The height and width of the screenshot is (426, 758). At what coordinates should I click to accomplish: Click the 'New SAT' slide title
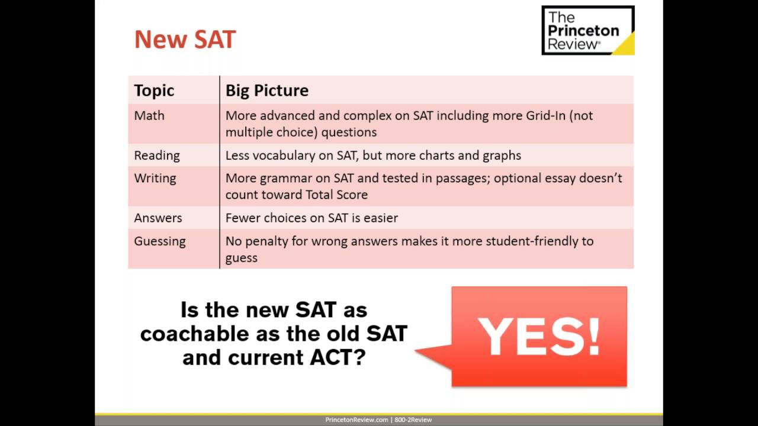tap(185, 40)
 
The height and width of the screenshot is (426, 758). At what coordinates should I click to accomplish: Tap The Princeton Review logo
tap(588, 30)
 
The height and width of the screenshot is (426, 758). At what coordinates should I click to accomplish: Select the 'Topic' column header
tap(154, 91)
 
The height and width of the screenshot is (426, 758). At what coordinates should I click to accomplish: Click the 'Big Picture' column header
tap(267, 91)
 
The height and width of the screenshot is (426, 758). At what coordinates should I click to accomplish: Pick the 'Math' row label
tap(149, 115)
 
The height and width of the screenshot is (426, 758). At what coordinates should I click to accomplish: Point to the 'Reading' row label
tap(157, 156)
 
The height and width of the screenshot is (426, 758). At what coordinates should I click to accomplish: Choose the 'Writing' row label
tap(155, 178)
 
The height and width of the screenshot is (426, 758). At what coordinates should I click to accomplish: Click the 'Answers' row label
tap(158, 218)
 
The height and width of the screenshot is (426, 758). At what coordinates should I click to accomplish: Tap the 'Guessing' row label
tap(160, 241)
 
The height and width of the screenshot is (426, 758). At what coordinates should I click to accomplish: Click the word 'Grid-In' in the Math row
tap(545, 115)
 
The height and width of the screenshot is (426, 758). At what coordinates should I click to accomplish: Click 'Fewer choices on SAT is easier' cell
tap(311, 218)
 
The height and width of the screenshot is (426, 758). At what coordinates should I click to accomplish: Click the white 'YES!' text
tap(539, 337)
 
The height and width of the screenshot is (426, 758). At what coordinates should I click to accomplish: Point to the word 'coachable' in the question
tap(195, 334)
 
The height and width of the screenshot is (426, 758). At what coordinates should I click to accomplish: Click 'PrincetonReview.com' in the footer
tap(356, 420)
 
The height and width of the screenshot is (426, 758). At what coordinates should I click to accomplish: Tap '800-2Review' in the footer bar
tap(413, 420)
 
